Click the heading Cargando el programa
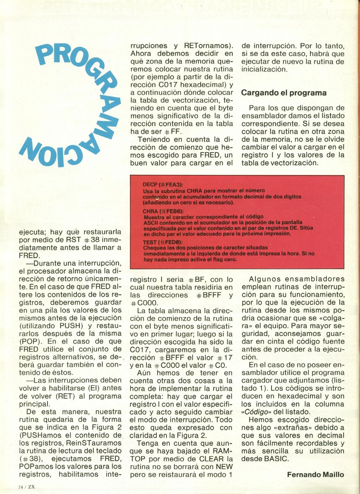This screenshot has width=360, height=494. pos(284,93)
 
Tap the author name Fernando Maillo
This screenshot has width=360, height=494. pos(315,474)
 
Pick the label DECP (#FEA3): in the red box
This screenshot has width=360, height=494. pos(163,185)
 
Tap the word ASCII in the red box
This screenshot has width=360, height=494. pos(150,223)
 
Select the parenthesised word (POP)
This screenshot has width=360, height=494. pos(31,341)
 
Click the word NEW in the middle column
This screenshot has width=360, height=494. pos(224,467)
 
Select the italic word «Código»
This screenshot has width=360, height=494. pos(254,412)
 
